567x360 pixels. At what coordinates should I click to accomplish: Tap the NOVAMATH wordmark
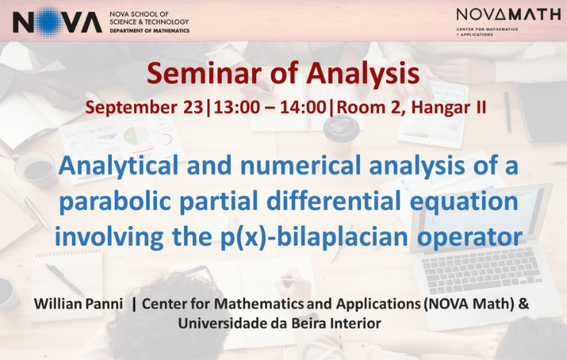[x=509, y=15]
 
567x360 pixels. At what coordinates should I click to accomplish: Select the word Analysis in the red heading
[x=363, y=74]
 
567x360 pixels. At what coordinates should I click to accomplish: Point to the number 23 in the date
[x=193, y=107]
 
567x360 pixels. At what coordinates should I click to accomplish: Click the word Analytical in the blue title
[x=118, y=166]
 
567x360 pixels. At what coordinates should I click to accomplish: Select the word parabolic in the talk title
[x=115, y=201]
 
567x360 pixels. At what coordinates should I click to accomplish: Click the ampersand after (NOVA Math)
[x=523, y=303]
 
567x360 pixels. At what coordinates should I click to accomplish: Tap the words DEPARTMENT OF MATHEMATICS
[x=149, y=31]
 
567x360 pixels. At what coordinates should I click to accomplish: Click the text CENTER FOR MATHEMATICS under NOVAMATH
[x=487, y=29]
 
